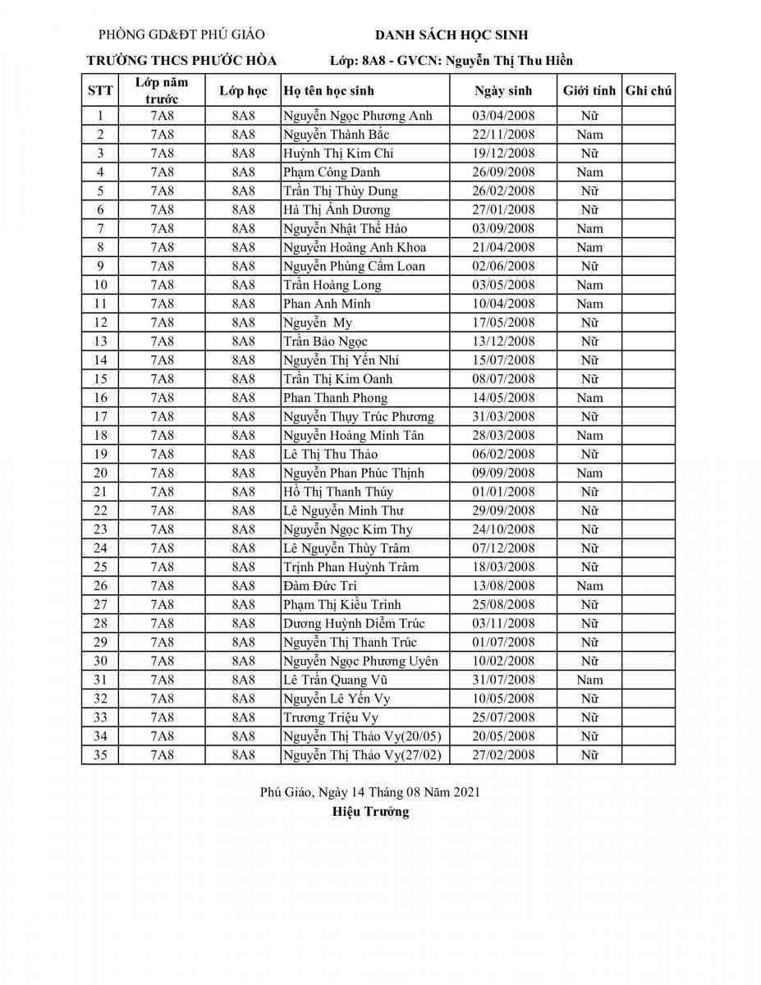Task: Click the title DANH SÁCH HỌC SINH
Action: pyautogui.click(x=451, y=34)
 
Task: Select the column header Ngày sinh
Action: pyautogui.click(x=503, y=90)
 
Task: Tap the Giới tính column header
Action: pyautogui.click(x=589, y=90)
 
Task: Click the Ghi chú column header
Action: pyautogui.click(x=649, y=90)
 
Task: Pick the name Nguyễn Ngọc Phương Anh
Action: pyautogui.click(x=357, y=116)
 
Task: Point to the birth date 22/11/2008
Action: pyautogui.click(x=503, y=135)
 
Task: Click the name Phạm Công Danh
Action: pyautogui.click(x=332, y=172)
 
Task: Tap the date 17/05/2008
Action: pyautogui.click(x=503, y=323)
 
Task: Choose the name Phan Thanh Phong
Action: pyautogui.click(x=335, y=398)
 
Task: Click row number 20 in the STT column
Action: pyautogui.click(x=100, y=473)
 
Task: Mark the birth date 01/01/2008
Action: pyautogui.click(x=503, y=492)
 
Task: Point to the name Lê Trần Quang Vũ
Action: pyautogui.click(x=335, y=680)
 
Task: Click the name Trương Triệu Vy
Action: pyautogui.click(x=331, y=717)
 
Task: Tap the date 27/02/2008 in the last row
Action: pyautogui.click(x=503, y=755)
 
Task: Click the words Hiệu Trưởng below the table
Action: pyautogui.click(x=370, y=812)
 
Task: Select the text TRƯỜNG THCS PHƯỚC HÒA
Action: pyautogui.click(x=181, y=60)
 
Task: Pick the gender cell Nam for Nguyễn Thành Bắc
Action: pyautogui.click(x=589, y=135)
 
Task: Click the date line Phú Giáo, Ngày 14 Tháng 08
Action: pyautogui.click(x=369, y=792)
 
